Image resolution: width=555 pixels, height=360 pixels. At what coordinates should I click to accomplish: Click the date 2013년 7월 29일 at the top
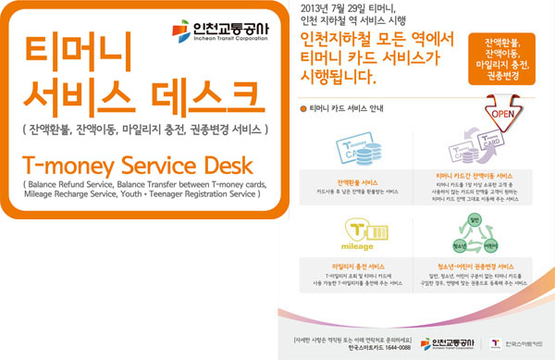(x=332, y=8)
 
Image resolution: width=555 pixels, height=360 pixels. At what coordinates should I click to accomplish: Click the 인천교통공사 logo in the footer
(x=447, y=343)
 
